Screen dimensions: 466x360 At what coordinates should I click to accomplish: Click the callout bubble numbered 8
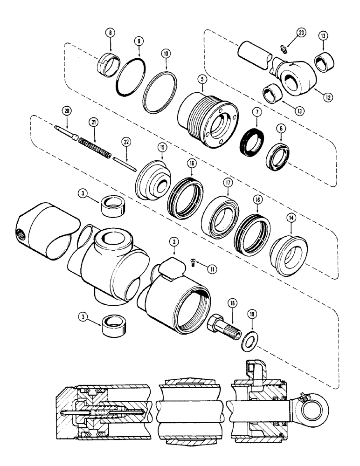pyautogui.click(x=110, y=34)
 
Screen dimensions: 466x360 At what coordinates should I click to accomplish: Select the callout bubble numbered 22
pyautogui.click(x=125, y=141)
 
